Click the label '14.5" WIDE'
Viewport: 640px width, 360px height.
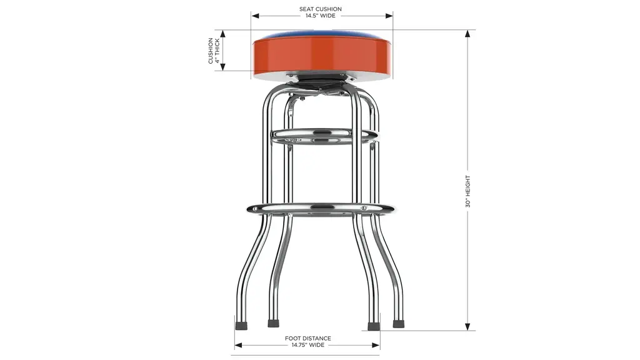point(321,16)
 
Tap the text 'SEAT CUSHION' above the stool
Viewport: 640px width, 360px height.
point(321,9)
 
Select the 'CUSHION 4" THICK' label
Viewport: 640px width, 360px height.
point(214,51)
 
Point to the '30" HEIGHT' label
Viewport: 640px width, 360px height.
point(467,191)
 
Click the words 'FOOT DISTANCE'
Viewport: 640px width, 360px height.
point(307,338)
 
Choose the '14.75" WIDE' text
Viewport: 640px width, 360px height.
point(307,345)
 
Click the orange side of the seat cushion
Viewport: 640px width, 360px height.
point(322,57)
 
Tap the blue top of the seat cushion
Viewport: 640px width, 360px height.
point(322,34)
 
